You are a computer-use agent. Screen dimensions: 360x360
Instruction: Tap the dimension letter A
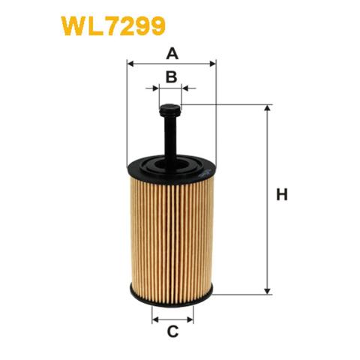[172, 53]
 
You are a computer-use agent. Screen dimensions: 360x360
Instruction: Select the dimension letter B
[171, 76]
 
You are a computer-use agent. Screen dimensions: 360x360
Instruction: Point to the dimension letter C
[172, 331]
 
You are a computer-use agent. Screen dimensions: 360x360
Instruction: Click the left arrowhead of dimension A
[131, 64]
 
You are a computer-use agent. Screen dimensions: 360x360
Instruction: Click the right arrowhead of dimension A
[212, 64]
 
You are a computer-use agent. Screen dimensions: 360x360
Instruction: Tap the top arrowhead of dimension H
[265, 109]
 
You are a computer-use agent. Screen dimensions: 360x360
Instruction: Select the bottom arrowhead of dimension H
[265, 290]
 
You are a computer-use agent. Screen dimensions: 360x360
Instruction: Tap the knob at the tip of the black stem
[171, 110]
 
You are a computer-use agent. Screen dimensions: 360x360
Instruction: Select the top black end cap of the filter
[171, 166]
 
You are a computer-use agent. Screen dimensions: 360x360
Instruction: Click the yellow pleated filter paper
[171, 232]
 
